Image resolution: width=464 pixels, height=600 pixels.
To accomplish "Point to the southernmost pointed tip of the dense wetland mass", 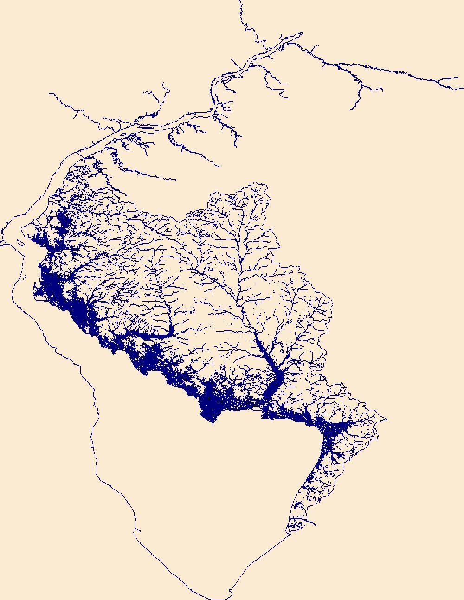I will pyautogui.click(x=212, y=423).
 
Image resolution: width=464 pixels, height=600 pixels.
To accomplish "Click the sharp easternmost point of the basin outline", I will pyautogui.click(x=387, y=419).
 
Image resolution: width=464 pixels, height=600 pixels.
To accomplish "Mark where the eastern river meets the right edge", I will pyautogui.click(x=463, y=88).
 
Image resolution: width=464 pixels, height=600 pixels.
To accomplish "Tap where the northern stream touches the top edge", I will pyautogui.click(x=241, y=1).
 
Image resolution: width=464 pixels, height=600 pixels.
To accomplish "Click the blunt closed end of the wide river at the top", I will pyautogui.click(x=301, y=33).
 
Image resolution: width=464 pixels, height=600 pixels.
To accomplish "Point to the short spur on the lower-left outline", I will pyautogui.click(x=138, y=529).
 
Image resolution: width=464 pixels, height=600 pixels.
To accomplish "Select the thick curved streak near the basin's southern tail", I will pyautogui.click(x=304, y=521).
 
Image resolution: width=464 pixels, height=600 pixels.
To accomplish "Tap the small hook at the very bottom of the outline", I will pyautogui.click(x=231, y=592).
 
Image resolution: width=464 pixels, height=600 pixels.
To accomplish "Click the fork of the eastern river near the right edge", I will pyautogui.click(x=439, y=81).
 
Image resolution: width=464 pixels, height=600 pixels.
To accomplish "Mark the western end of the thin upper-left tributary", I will pyautogui.click(x=50, y=94).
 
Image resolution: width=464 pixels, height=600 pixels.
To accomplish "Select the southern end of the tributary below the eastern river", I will pyautogui.click(x=351, y=109).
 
